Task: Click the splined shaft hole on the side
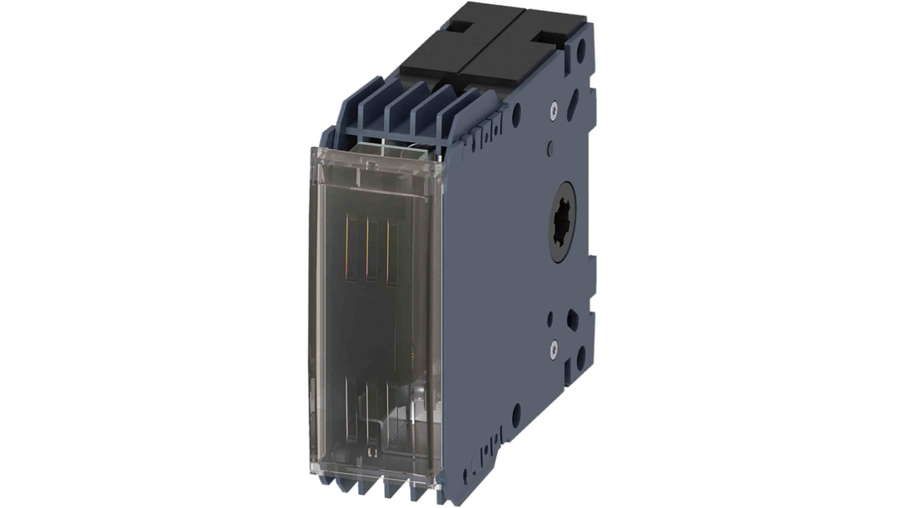click(x=562, y=222)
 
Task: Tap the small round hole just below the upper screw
click(x=549, y=151)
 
